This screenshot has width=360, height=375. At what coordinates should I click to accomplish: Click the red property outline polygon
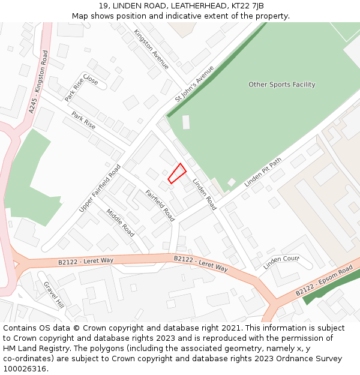tap(177, 173)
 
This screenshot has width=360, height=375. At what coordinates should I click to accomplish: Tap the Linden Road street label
tap(204, 194)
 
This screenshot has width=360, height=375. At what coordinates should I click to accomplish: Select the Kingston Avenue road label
tap(151, 49)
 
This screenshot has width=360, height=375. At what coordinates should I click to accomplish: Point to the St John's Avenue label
tap(194, 83)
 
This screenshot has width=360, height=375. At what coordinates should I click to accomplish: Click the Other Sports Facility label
tap(281, 85)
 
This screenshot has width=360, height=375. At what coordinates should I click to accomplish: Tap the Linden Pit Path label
tap(263, 173)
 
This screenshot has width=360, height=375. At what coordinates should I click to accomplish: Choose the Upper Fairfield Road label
tap(100, 188)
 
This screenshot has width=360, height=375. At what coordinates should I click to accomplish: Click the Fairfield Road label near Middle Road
tap(160, 206)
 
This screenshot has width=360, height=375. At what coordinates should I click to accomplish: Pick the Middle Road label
tap(120, 222)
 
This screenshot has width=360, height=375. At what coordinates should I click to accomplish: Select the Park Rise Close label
tap(81, 88)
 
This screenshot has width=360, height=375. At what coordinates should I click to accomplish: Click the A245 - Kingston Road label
tap(38, 82)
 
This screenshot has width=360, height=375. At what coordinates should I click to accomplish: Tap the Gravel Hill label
tap(53, 295)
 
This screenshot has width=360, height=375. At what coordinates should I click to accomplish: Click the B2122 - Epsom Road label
tap(324, 281)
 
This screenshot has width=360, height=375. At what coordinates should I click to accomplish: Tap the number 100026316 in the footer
tap(25, 369)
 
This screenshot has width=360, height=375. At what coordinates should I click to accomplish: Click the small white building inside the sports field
tap(186, 122)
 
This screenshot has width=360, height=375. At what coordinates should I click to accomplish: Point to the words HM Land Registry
tap(31, 349)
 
